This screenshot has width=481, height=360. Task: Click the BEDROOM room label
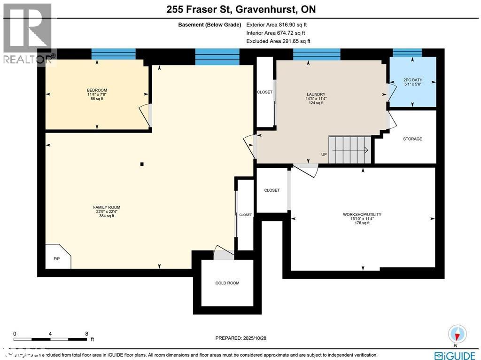click(97, 90)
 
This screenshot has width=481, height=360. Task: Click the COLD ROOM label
click(227, 283)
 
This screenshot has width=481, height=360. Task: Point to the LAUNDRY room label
click(316, 94)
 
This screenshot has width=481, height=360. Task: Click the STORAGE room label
click(412, 139)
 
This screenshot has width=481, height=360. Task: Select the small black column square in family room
click(142, 164)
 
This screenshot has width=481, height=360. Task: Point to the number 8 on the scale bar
click(86, 333)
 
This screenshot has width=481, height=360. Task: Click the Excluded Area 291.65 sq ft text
click(278, 41)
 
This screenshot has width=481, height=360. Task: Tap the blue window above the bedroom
click(113, 54)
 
